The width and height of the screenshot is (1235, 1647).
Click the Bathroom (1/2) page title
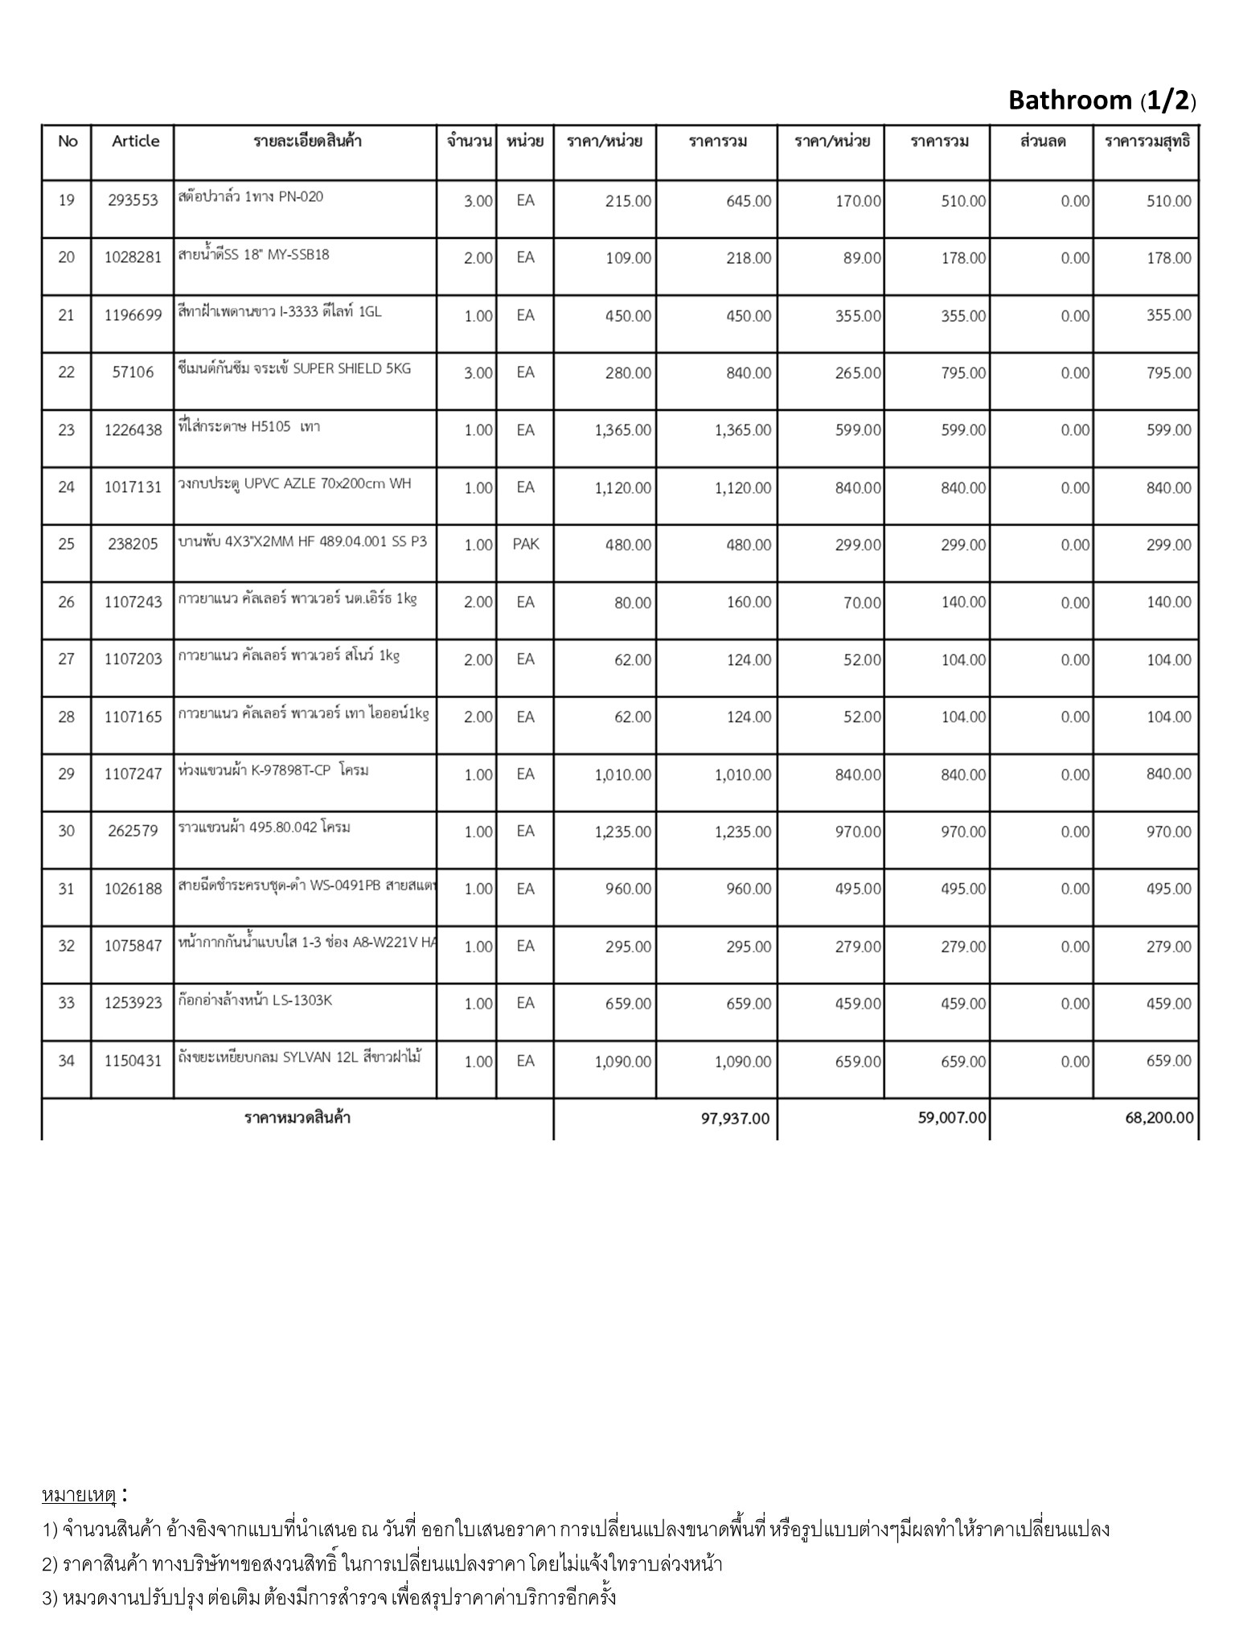point(1102,101)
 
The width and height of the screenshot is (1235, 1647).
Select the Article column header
point(135,142)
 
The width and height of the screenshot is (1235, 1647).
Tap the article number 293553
point(133,201)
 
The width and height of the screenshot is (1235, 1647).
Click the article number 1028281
point(133,258)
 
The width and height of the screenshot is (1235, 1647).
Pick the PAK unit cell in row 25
point(525,544)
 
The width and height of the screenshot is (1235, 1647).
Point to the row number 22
point(66,372)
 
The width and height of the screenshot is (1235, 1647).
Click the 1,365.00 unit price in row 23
point(622,430)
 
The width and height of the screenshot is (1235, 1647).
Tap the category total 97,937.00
point(734,1119)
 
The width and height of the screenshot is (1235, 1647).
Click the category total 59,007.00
point(952,1119)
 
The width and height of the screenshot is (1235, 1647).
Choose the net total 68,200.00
point(1159,1119)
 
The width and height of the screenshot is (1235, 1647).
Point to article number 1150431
point(133,1062)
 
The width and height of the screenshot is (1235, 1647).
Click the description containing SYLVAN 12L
point(300,1058)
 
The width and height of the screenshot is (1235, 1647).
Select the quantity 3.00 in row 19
point(478,201)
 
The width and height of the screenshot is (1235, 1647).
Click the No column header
point(68,142)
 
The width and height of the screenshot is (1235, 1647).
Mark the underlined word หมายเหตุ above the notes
point(79,1495)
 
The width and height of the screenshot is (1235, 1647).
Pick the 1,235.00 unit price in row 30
point(622,832)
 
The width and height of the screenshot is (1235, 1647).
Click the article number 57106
point(133,372)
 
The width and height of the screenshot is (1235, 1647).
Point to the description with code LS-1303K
point(255,1000)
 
